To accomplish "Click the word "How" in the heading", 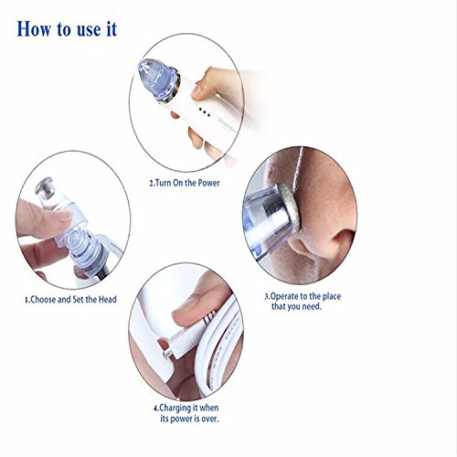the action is [x=34, y=29].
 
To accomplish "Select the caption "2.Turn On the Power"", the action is [x=185, y=183].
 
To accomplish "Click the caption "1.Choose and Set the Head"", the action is [x=70, y=300].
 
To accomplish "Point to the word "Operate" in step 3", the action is [x=284, y=296].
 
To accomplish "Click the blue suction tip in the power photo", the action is [x=157, y=79].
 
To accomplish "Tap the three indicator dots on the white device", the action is [x=205, y=112].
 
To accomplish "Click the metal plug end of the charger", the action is [x=167, y=354].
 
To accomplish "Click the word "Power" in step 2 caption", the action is [x=208, y=183].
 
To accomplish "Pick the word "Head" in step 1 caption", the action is [x=108, y=300].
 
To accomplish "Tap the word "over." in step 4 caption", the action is [x=209, y=419].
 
